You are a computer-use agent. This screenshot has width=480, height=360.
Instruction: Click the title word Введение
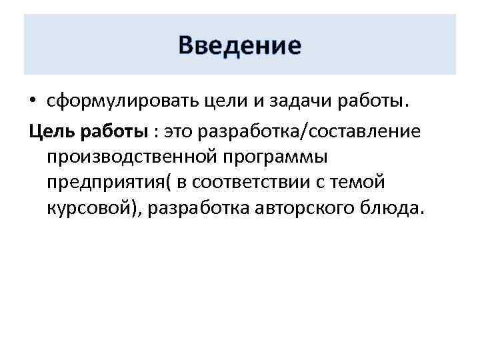click(x=240, y=46)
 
